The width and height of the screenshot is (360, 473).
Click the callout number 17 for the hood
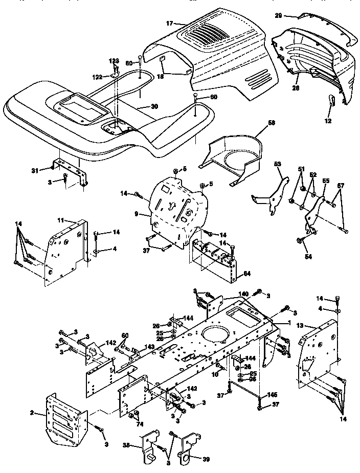click(x=170, y=22)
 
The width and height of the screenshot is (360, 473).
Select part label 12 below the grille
click(x=328, y=121)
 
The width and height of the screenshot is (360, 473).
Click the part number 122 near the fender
click(x=97, y=77)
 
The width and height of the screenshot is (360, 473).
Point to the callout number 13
click(x=300, y=325)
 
